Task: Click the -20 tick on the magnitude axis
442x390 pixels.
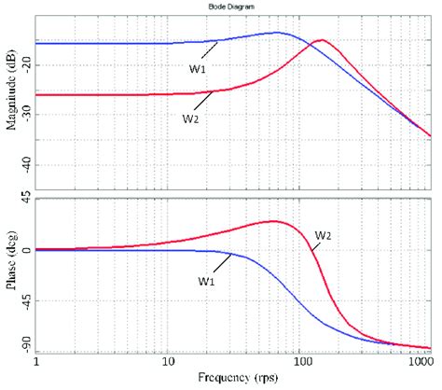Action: point(24,62)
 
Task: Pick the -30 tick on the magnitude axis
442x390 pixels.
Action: point(24,113)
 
